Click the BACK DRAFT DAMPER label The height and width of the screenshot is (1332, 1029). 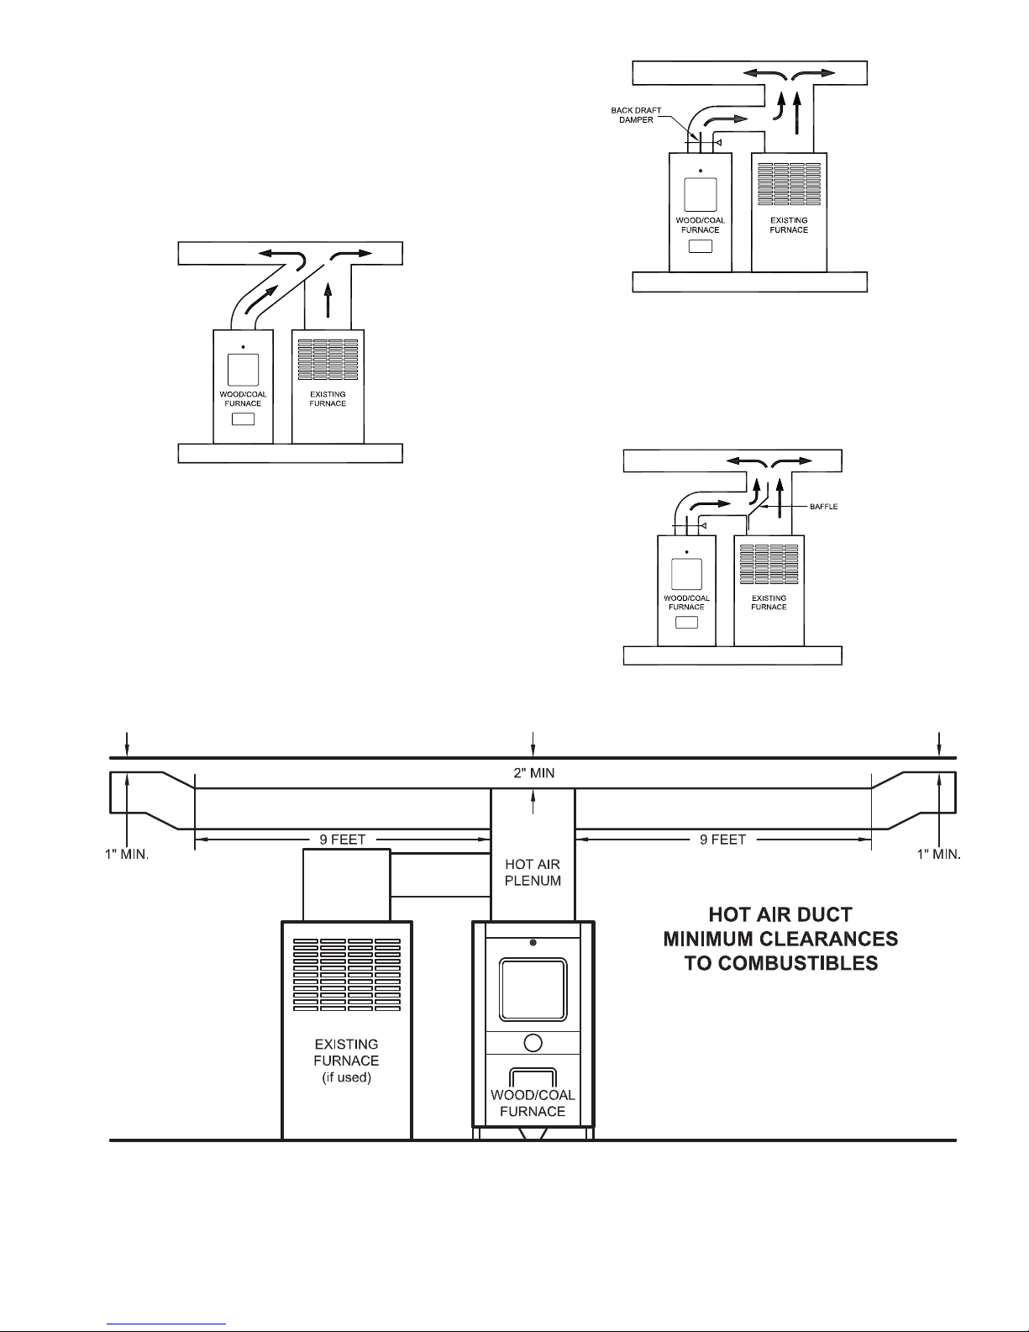coord(636,115)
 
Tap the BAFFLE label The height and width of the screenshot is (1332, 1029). coord(823,506)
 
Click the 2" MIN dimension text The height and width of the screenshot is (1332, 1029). coord(534,773)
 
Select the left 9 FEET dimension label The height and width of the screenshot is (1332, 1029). coord(343,840)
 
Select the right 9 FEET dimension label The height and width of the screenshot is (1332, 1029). coord(722,840)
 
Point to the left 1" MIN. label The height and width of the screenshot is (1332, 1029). coord(127,855)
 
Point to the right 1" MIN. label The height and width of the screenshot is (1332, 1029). coord(938,855)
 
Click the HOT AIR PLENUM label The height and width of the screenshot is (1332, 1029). coord(533,872)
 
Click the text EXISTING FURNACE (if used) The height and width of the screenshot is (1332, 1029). coord(346,1061)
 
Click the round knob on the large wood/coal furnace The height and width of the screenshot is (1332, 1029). coord(533,1043)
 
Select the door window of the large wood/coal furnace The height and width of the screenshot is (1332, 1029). coord(533,990)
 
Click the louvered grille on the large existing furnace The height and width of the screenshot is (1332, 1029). coord(347,975)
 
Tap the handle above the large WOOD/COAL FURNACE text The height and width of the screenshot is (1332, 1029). coord(533,1070)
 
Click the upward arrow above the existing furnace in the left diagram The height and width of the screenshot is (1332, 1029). coord(328,299)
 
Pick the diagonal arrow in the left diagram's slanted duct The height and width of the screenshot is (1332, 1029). coord(260,300)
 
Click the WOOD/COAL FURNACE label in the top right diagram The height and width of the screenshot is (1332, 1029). coord(700,225)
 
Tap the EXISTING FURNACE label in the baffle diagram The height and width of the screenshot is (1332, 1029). coord(769,603)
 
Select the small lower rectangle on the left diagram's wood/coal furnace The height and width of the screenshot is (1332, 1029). coord(243,419)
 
